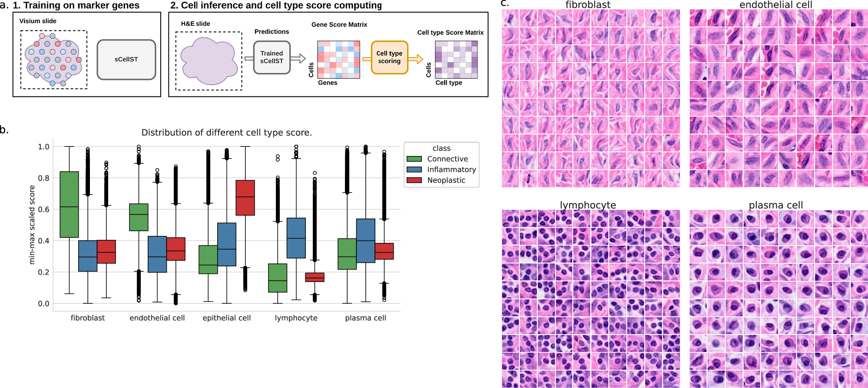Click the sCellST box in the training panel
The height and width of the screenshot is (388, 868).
pyautogui.click(x=126, y=60)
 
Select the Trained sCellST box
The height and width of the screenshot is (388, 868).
pyautogui.click(x=272, y=57)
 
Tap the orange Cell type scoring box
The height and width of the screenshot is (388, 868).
pyautogui.click(x=389, y=57)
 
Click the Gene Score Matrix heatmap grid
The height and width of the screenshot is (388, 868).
pyautogui.click(x=338, y=60)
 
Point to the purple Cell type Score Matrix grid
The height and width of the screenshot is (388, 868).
pyautogui.click(x=456, y=60)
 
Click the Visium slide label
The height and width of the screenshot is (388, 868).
pyautogui.click(x=38, y=21)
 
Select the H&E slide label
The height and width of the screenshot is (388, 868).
pyautogui.click(x=195, y=24)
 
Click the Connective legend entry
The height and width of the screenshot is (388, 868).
pyautogui.click(x=447, y=159)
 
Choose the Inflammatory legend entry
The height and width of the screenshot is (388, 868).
pyautogui.click(x=451, y=169)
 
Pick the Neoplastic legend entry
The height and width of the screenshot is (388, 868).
pyautogui.click(x=446, y=180)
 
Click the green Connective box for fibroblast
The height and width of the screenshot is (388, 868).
pyautogui.click(x=69, y=204)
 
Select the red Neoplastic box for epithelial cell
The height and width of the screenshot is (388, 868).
pyautogui.click(x=245, y=198)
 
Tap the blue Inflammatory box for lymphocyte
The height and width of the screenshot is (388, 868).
pyautogui.click(x=296, y=238)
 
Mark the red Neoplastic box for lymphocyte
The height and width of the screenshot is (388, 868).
pyautogui.click(x=315, y=277)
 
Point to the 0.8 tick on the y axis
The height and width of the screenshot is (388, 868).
pyautogui.click(x=43, y=178)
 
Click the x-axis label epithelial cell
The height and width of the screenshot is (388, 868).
pyautogui.click(x=226, y=318)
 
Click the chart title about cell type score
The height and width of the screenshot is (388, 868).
pyautogui.click(x=226, y=133)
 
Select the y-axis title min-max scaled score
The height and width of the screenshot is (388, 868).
pyautogui.click(x=32, y=225)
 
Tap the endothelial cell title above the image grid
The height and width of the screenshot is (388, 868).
pyautogui.click(x=775, y=5)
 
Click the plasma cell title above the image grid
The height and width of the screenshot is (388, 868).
pyautogui.click(x=775, y=205)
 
